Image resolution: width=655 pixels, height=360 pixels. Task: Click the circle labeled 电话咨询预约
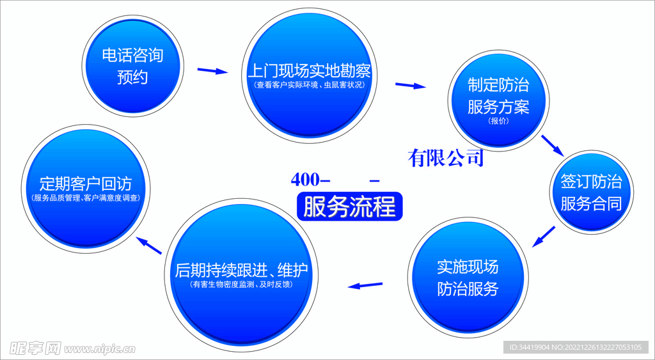click(x=132, y=67)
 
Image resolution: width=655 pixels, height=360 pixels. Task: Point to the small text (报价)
click(x=498, y=120)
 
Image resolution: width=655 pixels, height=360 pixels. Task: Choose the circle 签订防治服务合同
click(x=591, y=192)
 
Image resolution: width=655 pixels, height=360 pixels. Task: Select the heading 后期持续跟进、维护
click(x=241, y=270)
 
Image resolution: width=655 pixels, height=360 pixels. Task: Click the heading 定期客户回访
click(x=85, y=184)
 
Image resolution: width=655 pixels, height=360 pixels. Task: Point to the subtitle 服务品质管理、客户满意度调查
click(x=85, y=198)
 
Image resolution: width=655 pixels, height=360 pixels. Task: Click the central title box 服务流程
click(x=349, y=207)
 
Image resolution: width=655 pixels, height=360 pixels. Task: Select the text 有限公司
click(x=446, y=158)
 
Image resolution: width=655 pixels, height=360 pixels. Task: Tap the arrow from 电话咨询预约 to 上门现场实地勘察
click(x=212, y=70)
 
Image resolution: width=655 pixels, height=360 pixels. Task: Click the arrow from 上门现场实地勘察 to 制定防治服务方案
click(x=411, y=85)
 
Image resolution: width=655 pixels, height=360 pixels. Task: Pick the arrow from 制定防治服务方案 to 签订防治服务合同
click(x=552, y=145)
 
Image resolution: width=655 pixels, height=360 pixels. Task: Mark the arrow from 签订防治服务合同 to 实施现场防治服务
click(x=544, y=236)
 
